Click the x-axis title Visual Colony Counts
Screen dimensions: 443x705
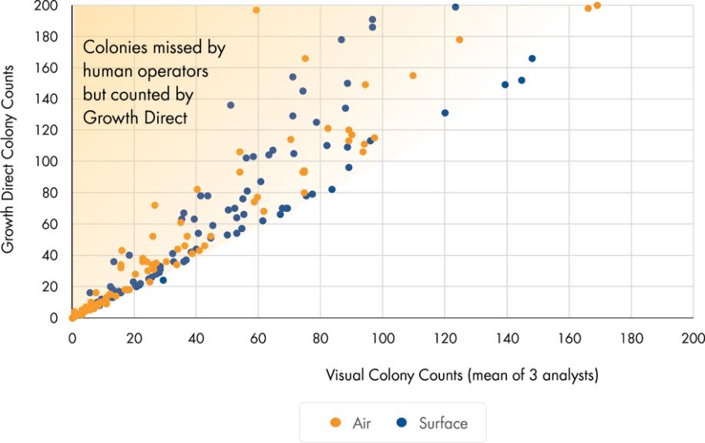[463, 376]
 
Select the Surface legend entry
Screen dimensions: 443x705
[434, 422]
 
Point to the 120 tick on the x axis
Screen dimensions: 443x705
[445, 337]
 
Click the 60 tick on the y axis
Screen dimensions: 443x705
[53, 224]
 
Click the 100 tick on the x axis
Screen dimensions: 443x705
[382, 337]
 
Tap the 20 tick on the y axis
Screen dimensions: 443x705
[53, 287]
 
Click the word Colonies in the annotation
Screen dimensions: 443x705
[112, 48]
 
